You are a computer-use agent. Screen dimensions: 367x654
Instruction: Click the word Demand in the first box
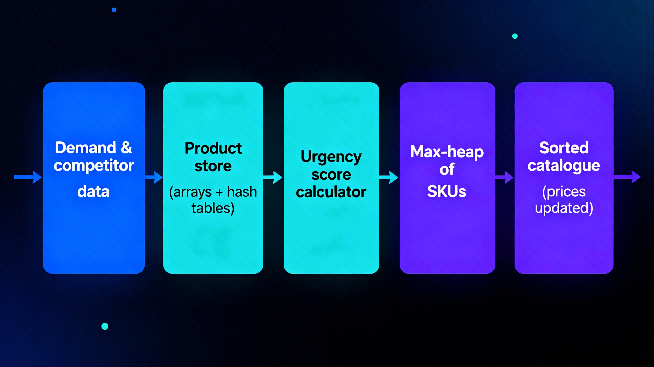(85, 148)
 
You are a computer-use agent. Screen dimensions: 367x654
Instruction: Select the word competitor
(94, 166)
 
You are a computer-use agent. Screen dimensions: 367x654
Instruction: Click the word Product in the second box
(213, 148)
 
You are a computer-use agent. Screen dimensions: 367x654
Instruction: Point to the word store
(213, 166)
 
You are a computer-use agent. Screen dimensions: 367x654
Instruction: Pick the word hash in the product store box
(242, 192)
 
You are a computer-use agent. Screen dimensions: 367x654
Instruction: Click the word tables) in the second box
(213, 208)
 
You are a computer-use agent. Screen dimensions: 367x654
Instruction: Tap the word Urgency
(331, 157)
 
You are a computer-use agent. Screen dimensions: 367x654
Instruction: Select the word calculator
(331, 192)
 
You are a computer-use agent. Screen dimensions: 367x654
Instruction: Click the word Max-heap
(447, 152)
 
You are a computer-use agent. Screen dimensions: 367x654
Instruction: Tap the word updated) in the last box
(564, 208)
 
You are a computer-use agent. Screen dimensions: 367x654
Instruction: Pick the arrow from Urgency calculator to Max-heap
(389, 177)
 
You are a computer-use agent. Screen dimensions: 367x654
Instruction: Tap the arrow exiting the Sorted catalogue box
(627, 177)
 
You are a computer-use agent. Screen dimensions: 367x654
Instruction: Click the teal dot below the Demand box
(105, 326)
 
